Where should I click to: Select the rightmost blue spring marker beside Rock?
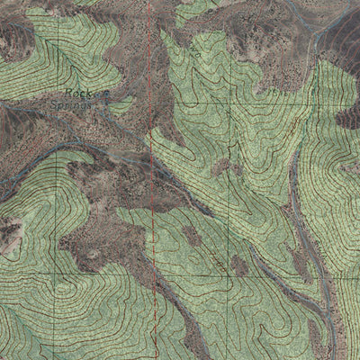pyautogui.click(x=108, y=92)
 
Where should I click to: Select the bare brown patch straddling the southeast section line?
pyautogui.click(x=239, y=265)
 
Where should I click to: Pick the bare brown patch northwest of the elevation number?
pyautogui.click(x=191, y=236)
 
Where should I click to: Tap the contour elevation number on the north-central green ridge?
pyautogui.click(x=194, y=54)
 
